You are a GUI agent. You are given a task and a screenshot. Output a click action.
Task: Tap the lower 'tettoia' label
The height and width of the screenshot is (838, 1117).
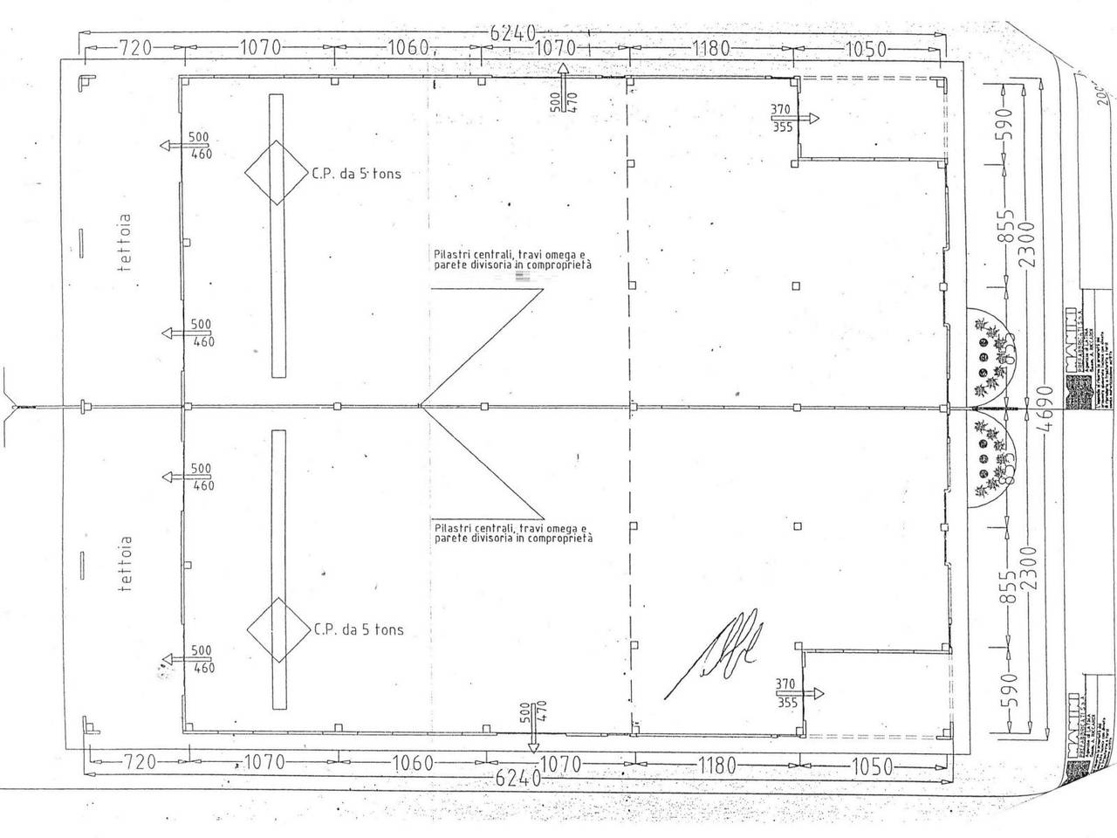[x=126, y=564]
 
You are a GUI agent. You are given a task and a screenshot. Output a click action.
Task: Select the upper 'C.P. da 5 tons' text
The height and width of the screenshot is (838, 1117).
[x=356, y=173]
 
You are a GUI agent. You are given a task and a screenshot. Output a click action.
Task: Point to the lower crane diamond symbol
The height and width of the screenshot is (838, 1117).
[x=278, y=630]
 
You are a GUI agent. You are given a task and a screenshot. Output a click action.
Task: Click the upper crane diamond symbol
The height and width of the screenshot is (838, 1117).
[x=277, y=173]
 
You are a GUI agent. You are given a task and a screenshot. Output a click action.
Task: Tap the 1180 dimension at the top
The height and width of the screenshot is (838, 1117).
[x=709, y=48]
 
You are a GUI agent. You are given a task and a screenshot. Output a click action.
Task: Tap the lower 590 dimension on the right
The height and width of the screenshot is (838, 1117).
[x=1008, y=690]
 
